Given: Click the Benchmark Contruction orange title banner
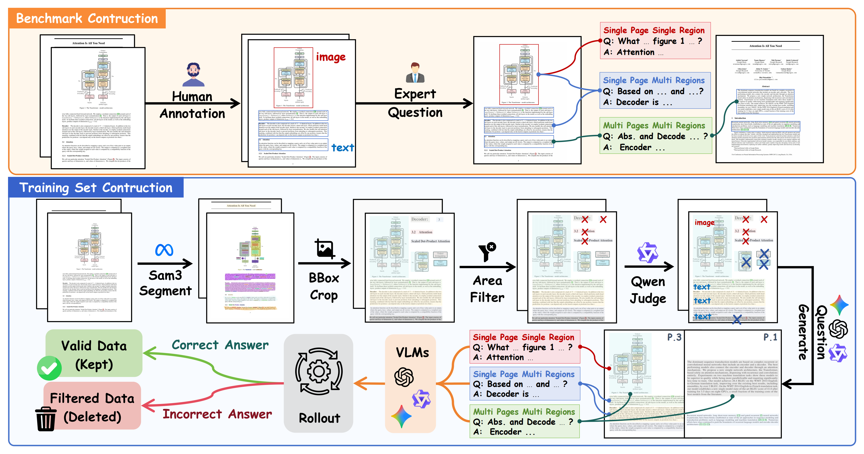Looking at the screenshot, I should pyautogui.click(x=87, y=18).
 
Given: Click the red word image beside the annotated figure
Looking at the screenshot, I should pyautogui.click(x=331, y=57).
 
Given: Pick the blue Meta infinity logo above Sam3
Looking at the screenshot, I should pyautogui.click(x=164, y=250).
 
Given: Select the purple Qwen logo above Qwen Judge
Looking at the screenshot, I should pyautogui.click(x=647, y=253).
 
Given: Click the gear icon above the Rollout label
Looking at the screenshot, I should pyautogui.click(x=319, y=371).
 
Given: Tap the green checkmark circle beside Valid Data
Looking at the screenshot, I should pyautogui.click(x=49, y=368).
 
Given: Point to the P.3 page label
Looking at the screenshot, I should pyautogui.click(x=674, y=337).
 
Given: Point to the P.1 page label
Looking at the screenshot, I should pyautogui.click(x=770, y=337).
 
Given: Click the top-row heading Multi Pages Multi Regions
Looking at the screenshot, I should pyautogui.click(x=654, y=126).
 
